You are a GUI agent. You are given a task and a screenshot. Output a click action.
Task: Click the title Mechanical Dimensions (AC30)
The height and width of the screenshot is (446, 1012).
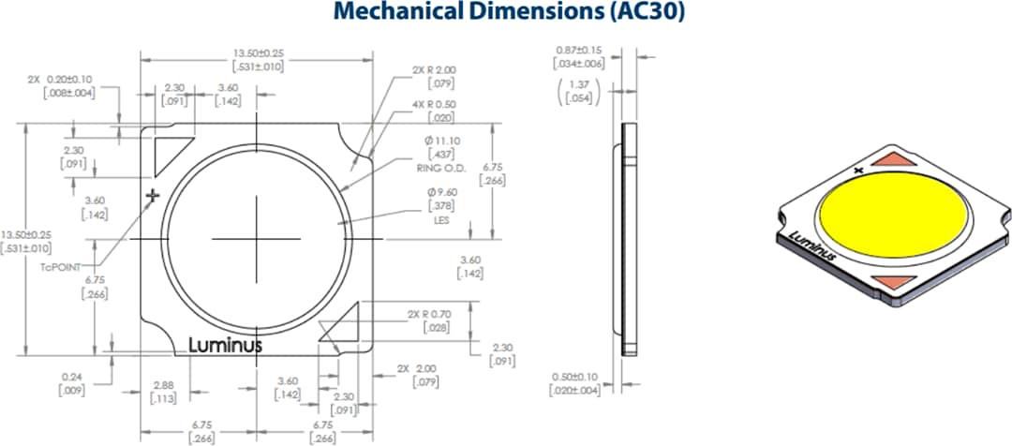(x=506, y=12)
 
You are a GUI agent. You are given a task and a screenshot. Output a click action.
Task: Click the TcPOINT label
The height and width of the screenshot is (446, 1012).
(x=58, y=265)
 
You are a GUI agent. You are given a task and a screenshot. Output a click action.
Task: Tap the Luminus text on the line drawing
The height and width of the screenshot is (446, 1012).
(x=226, y=345)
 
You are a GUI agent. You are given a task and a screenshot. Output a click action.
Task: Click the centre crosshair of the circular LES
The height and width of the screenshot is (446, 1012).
(x=255, y=239)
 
